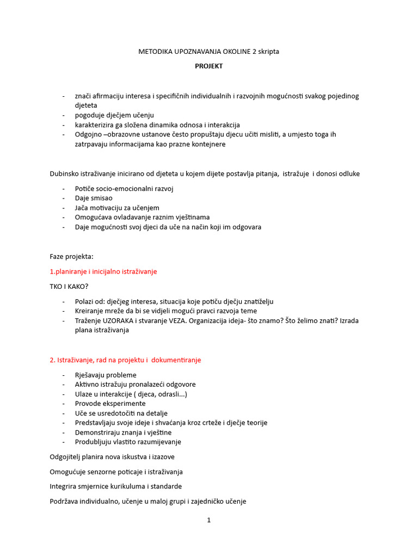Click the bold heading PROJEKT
[209, 66]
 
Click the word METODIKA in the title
[156, 52]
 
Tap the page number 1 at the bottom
[208, 520]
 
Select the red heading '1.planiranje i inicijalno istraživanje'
[103, 271]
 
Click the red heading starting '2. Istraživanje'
[125, 360]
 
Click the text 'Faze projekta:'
[71, 256]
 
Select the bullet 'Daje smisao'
[94, 199]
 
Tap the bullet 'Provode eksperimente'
[110, 404]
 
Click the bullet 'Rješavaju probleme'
[106, 375]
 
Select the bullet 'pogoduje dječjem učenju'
[114, 115]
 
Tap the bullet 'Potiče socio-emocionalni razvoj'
[124, 189]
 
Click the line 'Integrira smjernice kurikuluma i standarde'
[115, 486]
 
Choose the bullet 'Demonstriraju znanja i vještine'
[123, 432]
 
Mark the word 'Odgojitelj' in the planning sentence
[66, 457]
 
